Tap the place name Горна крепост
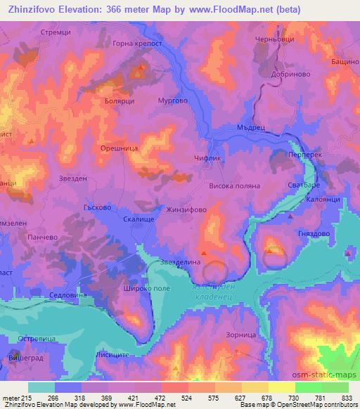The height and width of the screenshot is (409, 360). (137, 44)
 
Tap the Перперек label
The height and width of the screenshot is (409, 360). (305, 154)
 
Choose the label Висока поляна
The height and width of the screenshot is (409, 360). (235, 186)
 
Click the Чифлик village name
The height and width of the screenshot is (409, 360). (206, 159)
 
